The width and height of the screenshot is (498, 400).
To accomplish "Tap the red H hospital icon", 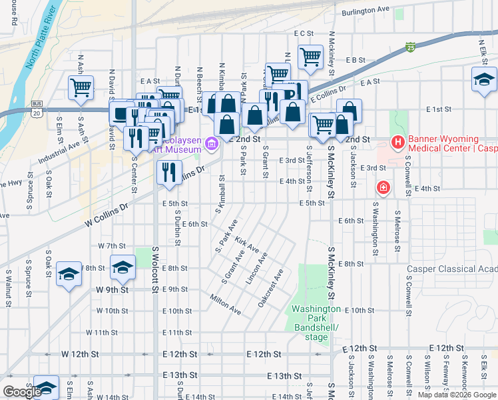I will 397,141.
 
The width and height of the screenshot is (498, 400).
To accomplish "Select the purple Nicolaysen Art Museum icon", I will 212,143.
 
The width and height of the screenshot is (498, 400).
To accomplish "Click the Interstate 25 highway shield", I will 410,47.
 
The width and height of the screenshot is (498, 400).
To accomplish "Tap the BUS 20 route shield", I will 37,109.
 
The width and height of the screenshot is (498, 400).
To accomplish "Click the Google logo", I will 22,392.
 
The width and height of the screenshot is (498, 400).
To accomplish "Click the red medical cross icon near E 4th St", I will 383,188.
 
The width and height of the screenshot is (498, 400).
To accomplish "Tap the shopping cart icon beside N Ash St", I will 81,86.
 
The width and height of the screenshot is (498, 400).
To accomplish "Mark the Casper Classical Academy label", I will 452,269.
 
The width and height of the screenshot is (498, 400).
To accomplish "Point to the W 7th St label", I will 111,245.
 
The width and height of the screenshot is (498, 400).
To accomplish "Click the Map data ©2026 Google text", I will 457,395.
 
